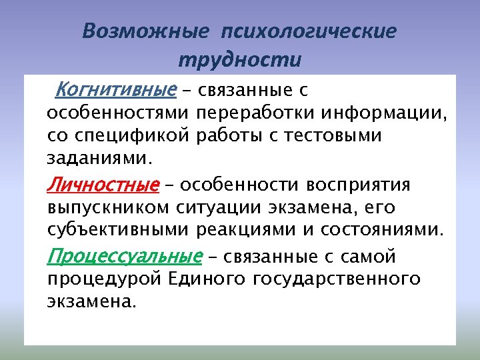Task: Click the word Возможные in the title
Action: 146,32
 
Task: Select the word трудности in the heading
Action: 240,60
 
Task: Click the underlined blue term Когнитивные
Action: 116,89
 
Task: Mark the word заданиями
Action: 100,160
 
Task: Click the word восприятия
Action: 363,184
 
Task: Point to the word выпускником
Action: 110,207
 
